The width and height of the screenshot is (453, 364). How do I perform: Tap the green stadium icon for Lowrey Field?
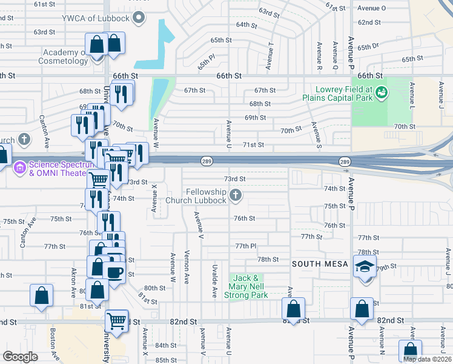coord(382,92)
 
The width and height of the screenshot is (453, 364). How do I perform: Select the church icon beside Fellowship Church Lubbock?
coord(236,195)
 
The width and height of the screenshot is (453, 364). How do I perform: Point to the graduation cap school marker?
coord(365,267)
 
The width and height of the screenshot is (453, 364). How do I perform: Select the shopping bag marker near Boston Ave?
coord(41,296)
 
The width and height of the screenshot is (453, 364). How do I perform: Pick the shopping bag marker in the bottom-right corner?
coord(410,350)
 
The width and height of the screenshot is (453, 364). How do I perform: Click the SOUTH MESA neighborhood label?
coord(320,264)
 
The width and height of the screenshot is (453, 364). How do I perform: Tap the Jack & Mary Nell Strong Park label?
coord(246,286)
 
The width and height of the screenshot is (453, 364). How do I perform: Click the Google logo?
coord(21,356)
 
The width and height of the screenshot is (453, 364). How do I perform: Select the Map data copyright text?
coord(426,359)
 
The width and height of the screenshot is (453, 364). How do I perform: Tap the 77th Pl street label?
coord(246,246)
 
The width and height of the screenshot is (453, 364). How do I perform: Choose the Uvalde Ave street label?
coord(214,280)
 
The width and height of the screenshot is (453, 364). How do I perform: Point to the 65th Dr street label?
coord(368,47)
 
